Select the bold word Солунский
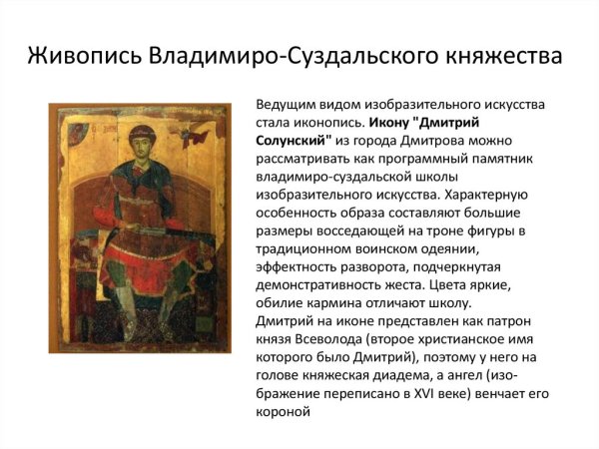pyautogui.click(x=297, y=142)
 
